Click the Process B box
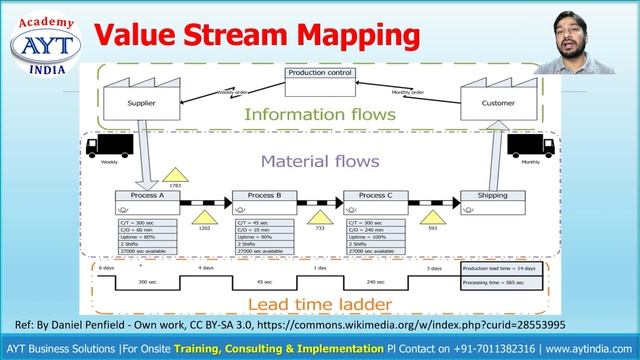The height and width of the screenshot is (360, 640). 260,197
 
